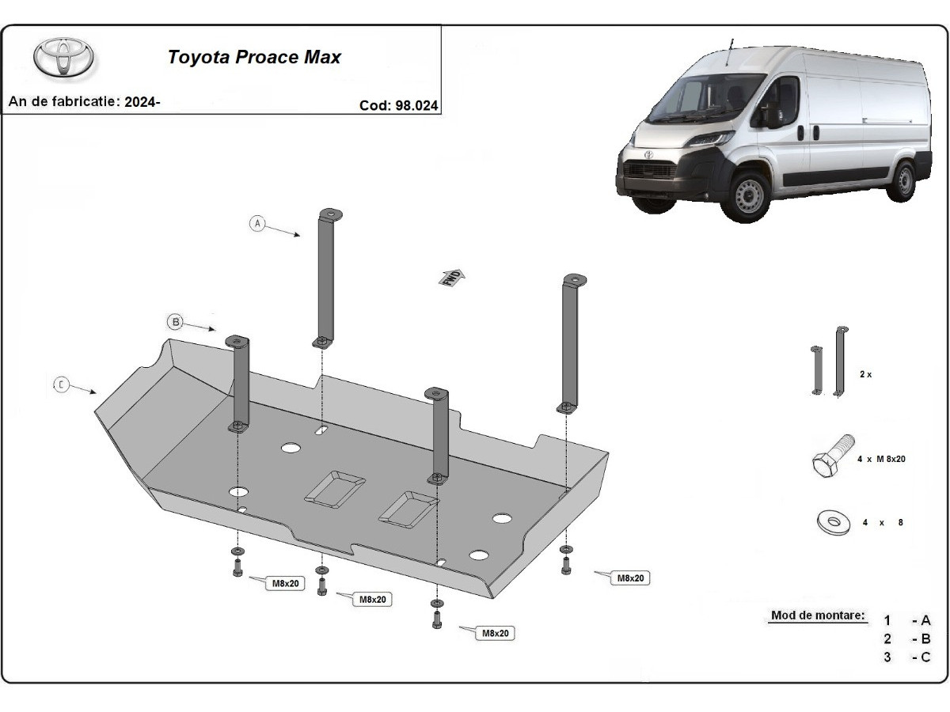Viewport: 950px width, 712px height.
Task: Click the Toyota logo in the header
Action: click(63, 58)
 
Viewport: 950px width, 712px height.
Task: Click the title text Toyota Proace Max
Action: click(253, 58)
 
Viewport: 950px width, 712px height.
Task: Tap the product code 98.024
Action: click(399, 104)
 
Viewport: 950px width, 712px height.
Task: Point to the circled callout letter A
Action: click(256, 223)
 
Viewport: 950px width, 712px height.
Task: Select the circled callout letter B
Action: click(175, 321)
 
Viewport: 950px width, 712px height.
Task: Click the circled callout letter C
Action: click(61, 385)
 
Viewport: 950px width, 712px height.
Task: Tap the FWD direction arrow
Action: click(453, 277)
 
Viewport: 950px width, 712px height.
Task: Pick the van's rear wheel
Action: click(901, 181)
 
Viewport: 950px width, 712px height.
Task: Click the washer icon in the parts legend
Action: click(832, 522)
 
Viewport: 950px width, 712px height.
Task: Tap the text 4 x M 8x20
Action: click(880, 459)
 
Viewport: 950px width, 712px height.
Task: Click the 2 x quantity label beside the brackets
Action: click(865, 374)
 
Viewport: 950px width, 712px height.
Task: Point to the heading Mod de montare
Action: click(818, 615)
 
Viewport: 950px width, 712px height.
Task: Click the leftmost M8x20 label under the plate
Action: click(286, 583)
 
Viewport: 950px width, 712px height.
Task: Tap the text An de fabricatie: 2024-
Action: click(84, 102)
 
